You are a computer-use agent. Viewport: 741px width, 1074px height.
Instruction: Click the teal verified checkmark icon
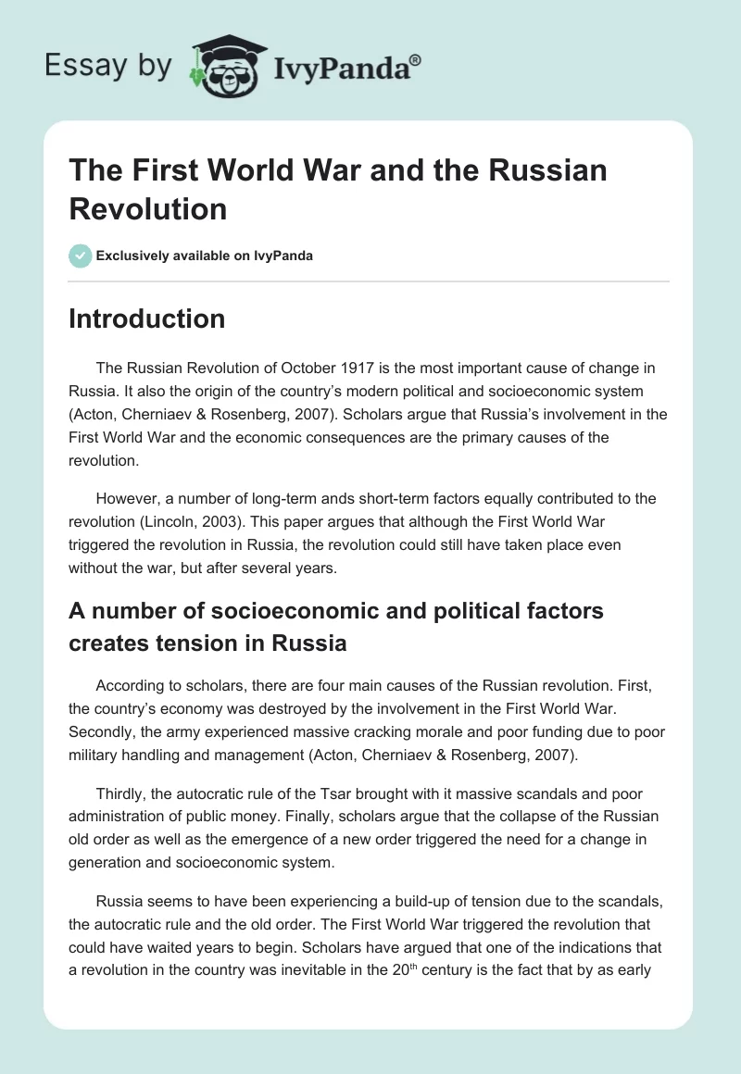tap(81, 256)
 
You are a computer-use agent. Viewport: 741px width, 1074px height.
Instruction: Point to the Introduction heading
tap(147, 319)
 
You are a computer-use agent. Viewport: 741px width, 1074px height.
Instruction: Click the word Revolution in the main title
tap(148, 209)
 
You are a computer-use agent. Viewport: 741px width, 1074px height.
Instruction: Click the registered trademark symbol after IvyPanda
tap(416, 58)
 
